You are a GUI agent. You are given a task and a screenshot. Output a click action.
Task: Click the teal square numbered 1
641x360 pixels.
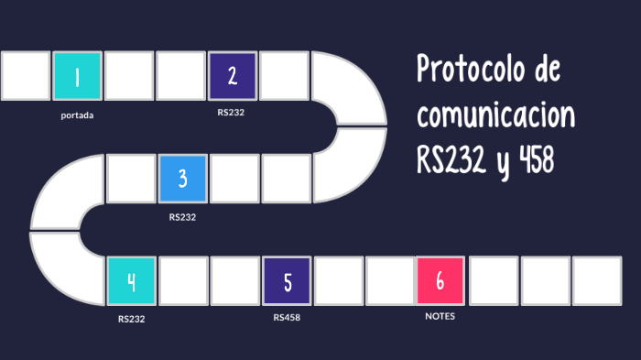[77, 76]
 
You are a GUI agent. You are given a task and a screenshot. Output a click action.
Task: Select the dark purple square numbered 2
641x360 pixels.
[233, 76]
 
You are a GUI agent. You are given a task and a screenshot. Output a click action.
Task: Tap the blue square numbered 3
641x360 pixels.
[182, 179]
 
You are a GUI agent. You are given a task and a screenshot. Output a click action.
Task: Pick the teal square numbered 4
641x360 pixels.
[131, 281]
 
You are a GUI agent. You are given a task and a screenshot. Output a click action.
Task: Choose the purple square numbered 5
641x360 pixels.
[288, 281]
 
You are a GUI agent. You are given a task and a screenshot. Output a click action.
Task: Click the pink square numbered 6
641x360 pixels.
[440, 281]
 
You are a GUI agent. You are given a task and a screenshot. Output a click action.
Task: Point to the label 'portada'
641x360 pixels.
[77, 115]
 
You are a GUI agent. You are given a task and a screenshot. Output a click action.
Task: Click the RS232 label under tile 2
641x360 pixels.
[232, 113]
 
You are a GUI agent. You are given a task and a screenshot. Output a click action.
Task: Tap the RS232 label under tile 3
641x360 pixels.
[182, 217]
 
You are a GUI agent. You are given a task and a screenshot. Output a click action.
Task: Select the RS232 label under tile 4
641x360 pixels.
[131, 320]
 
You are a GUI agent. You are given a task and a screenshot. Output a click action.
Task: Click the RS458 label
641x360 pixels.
[287, 318]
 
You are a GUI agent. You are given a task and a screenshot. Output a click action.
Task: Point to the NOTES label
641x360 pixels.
[440, 316]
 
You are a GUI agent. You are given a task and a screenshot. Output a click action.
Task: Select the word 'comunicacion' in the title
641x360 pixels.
[495, 116]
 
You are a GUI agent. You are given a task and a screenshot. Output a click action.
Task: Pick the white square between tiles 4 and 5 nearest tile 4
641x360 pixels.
[183, 281]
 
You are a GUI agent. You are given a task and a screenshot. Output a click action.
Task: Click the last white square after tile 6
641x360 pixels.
[597, 281]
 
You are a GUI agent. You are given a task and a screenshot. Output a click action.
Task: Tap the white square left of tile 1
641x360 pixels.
[26, 76]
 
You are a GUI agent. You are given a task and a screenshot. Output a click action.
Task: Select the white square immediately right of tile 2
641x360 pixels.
[284, 76]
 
